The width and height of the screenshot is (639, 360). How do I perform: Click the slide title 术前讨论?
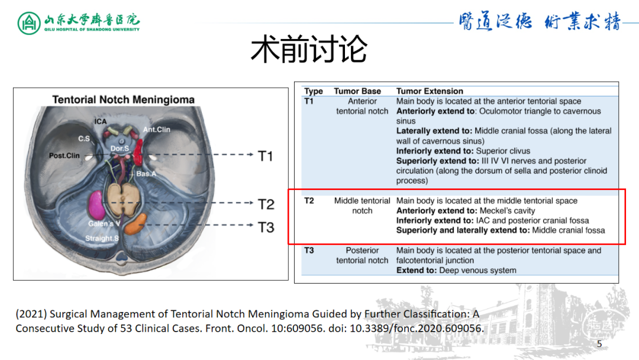point(309,50)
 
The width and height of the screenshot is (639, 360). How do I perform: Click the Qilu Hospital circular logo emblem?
point(28,23)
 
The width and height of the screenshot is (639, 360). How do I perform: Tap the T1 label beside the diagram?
point(266,156)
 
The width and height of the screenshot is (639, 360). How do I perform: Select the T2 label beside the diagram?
point(266,204)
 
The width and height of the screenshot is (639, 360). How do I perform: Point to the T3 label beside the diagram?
point(266,227)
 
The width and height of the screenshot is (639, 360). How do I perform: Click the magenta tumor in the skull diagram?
point(96,205)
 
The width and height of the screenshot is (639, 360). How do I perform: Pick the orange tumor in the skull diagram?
point(136,224)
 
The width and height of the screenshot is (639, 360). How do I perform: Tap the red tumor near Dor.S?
point(138,153)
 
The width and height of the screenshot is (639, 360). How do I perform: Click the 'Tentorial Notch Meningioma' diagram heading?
point(123,99)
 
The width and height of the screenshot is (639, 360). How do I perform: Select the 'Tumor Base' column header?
point(357,91)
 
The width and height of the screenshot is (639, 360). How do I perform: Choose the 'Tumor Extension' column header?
point(430,91)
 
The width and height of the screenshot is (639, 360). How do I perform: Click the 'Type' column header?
point(314,91)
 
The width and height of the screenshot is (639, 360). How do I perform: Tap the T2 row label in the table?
point(309,201)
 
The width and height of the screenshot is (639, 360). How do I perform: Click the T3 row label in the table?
point(309,250)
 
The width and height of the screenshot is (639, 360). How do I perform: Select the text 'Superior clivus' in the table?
point(503,151)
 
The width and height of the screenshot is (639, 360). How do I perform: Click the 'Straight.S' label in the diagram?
point(102,239)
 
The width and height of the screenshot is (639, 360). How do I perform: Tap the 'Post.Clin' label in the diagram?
point(64,156)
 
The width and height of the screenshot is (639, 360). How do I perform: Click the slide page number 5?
point(599,344)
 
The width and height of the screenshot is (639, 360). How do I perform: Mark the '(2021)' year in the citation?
point(31,314)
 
